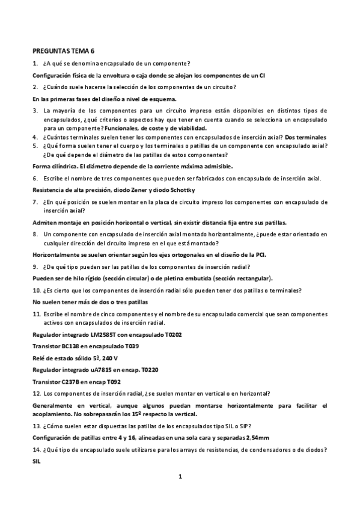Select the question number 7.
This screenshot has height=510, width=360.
35,202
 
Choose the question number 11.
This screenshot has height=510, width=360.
36,314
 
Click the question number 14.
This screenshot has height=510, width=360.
36,449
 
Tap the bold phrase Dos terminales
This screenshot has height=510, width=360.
306,137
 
